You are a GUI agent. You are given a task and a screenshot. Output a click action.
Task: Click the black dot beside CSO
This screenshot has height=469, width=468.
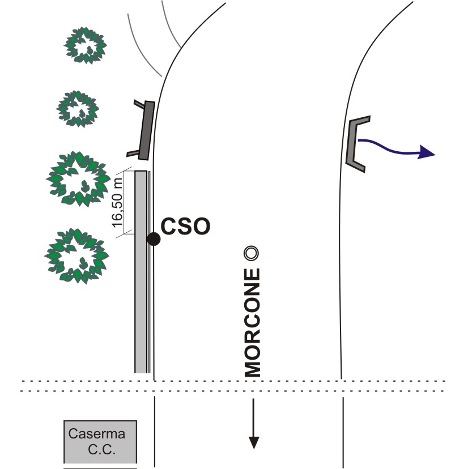(x=154, y=238)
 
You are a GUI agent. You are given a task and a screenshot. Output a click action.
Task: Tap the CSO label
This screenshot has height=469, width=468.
(x=185, y=227)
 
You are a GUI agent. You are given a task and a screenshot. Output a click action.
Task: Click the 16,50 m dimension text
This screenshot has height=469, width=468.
(x=117, y=202)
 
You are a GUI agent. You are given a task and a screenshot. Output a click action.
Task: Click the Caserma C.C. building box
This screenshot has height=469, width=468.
(x=100, y=442)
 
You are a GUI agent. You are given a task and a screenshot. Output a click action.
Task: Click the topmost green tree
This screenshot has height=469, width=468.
(x=86, y=45)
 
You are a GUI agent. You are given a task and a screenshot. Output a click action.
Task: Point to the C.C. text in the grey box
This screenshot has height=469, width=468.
(x=102, y=451)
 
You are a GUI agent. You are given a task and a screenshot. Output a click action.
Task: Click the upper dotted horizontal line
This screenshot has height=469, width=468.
(x=232, y=381)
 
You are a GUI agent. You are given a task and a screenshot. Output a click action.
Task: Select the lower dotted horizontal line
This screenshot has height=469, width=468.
(x=232, y=391)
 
